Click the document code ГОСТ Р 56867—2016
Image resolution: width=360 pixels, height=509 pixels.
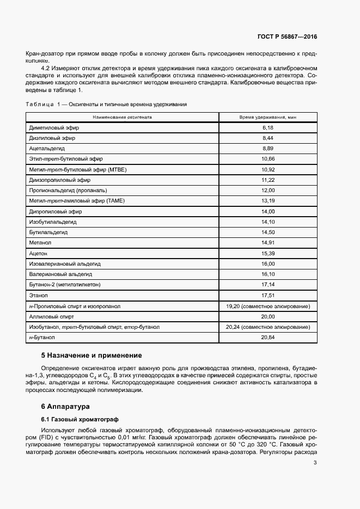(287, 36)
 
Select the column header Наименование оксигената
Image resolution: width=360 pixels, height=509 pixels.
(122, 117)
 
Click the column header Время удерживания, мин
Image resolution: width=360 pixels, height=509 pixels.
(267, 117)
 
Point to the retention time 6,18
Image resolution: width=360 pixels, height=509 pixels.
(267, 127)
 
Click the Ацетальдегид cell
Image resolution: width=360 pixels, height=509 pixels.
(47, 148)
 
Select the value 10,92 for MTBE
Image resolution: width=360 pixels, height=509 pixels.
(267, 169)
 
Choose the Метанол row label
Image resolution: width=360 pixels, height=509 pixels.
(40, 243)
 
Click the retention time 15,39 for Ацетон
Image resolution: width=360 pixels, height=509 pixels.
(267, 254)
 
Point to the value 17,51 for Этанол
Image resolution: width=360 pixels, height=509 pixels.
(267, 296)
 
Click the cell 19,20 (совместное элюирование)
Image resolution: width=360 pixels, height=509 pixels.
(267, 306)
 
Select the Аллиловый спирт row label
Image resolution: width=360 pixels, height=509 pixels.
(51, 317)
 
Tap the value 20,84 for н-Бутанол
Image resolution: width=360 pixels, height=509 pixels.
(267, 338)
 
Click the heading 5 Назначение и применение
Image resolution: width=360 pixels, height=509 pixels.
(91, 355)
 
